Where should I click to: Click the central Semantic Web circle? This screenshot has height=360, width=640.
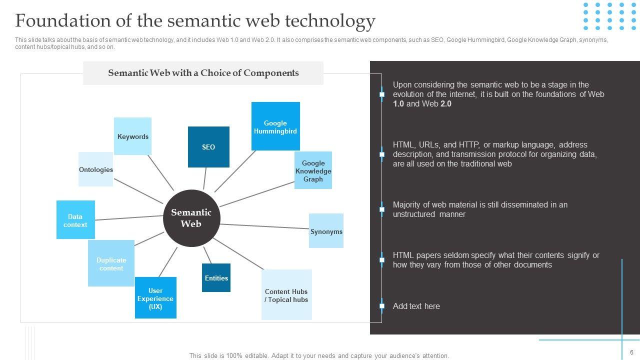pos(191,218)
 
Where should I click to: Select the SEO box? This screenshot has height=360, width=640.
pos(208,147)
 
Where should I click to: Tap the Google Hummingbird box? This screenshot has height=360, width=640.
pos(275,126)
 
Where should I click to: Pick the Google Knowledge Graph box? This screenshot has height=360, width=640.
pos(313,170)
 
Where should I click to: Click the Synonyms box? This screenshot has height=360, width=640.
pos(326,231)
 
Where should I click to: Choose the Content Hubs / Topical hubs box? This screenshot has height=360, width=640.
pos(286,295)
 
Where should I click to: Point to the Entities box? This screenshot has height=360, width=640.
pos(216,278)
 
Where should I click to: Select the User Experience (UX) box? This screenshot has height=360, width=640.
pos(155,298)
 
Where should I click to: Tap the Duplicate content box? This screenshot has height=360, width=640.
pos(111,263)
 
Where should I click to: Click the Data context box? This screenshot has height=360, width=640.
pos(75,220)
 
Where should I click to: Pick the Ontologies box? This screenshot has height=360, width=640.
pos(96,169)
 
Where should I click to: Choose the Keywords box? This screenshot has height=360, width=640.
pos(132,136)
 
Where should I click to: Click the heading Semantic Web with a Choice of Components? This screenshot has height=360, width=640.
pos(203,73)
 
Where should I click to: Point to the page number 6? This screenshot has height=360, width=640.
pos(631,352)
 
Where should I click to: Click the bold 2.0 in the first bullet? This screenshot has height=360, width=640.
pos(445,104)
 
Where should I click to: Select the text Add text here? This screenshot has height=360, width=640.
pos(416,306)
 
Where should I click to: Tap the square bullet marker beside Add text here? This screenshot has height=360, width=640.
pos(382,306)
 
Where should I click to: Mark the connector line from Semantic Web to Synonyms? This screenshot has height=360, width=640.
pos(265,226)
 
